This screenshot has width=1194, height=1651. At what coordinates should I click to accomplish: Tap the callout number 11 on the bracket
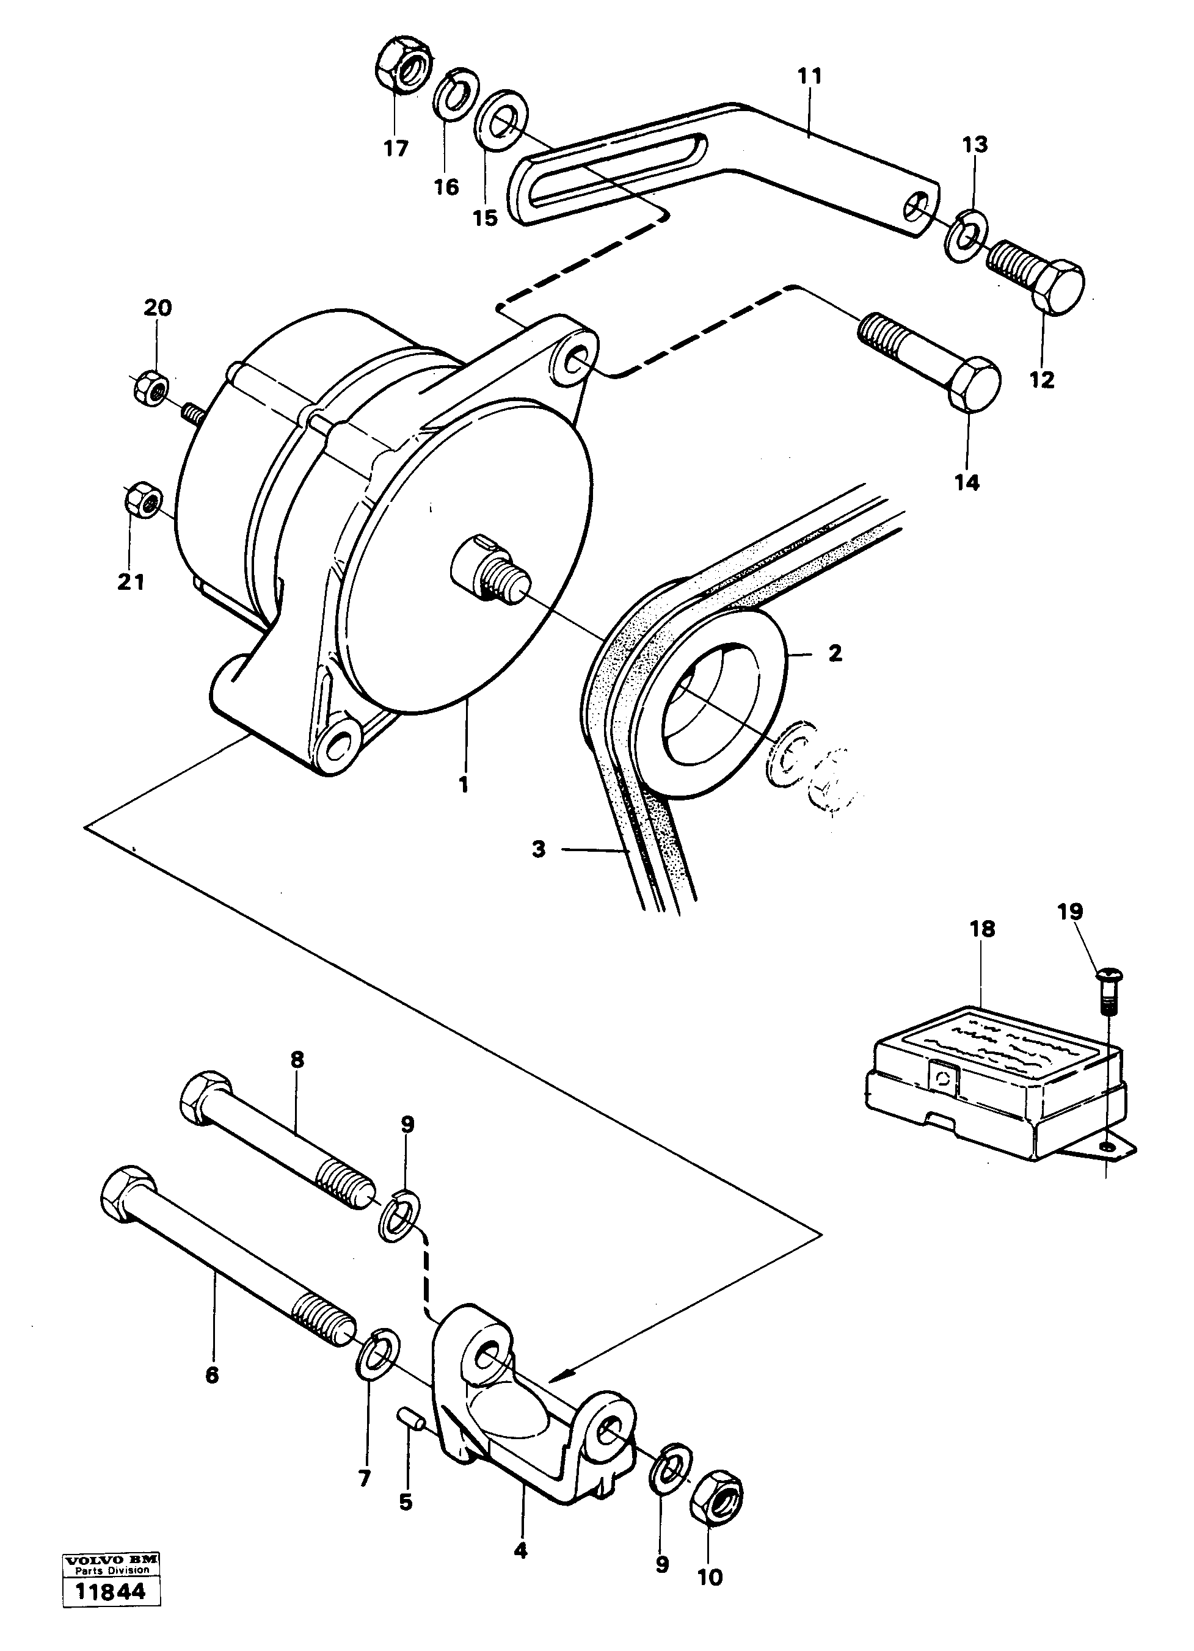809,76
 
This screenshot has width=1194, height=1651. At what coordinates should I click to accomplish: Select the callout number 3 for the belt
538,849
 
